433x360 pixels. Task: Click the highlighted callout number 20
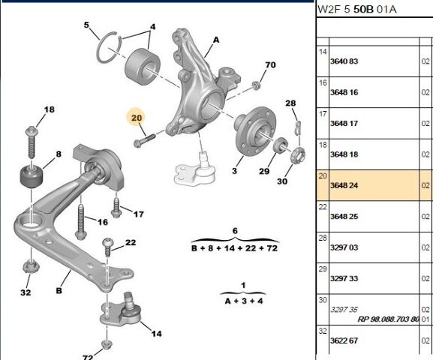coord(137,118)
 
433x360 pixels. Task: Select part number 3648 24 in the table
coord(344,185)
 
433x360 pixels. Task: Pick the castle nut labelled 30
coord(298,155)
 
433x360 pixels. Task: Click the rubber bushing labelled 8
coord(32,175)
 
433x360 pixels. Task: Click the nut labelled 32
coord(30,266)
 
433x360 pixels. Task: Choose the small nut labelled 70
coord(257,85)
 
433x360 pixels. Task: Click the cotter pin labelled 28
coord(298,127)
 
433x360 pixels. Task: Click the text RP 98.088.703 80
coord(388,319)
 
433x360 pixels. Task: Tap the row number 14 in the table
coord(323,52)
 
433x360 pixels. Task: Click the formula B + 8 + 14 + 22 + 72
coord(234,248)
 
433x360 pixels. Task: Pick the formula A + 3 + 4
coord(244,301)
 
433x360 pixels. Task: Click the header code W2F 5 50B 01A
coord(356,10)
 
